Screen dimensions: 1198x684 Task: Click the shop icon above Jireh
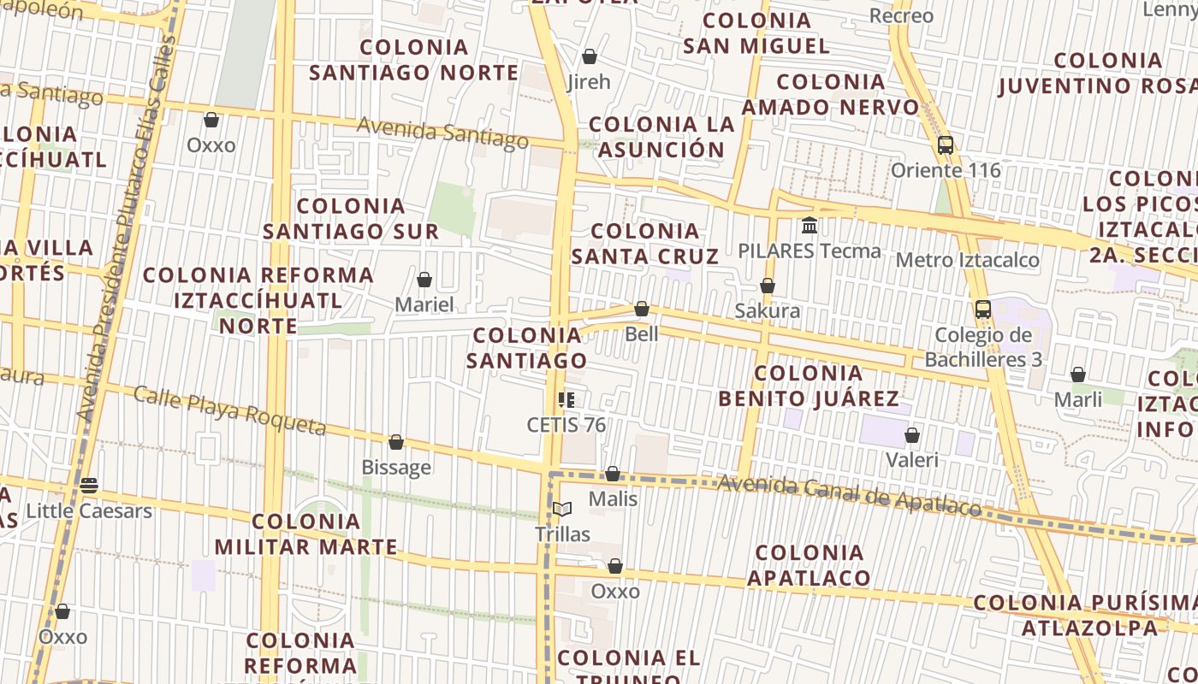(589, 57)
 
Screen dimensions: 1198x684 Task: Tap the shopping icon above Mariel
(424, 280)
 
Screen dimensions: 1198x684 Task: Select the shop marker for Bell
(642, 309)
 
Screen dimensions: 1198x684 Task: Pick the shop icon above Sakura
(768, 286)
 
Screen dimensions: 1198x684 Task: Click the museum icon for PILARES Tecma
(810, 226)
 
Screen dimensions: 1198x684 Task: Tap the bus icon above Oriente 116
(946, 145)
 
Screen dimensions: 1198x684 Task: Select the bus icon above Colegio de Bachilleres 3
(983, 310)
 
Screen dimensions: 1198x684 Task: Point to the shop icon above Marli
(1078, 374)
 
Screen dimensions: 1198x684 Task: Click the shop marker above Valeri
(912, 435)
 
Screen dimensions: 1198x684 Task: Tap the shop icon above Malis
(613, 474)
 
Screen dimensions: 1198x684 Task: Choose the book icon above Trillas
(562, 510)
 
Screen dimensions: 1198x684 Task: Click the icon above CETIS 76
(566, 399)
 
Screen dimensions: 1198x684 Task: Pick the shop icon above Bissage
(396, 442)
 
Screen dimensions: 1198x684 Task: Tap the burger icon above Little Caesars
(89, 486)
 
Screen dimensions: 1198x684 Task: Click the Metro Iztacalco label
(967, 260)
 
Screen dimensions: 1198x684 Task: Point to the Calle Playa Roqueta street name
(230, 410)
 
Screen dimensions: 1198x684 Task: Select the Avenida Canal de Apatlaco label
(849, 496)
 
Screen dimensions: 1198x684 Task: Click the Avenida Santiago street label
(442, 133)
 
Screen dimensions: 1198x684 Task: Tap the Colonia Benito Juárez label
(809, 386)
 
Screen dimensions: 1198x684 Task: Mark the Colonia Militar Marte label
(306, 534)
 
